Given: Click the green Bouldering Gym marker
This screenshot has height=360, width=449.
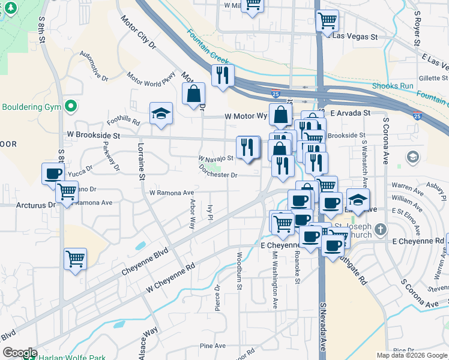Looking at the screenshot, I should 71,107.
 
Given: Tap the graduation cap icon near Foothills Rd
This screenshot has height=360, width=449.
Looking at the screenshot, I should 161,114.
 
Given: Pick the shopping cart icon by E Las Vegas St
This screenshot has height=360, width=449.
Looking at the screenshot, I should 327,21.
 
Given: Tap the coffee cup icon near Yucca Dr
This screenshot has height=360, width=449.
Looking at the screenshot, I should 53,174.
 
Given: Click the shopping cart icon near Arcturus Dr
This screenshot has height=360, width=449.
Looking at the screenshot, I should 67,193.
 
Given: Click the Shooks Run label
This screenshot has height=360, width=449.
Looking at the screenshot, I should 393,86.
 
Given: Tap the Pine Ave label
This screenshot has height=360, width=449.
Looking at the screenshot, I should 212,346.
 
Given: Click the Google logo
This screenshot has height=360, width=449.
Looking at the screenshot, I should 20,352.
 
